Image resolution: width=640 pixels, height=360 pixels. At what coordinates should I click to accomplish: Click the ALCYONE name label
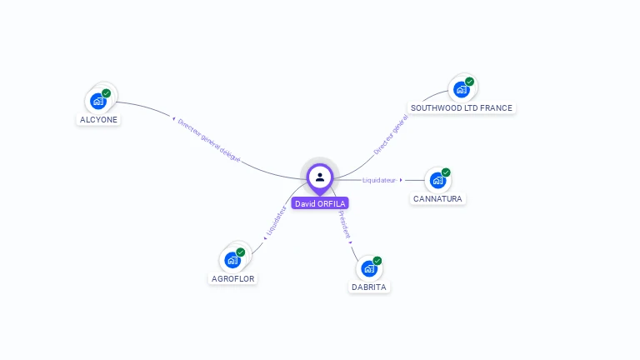99,119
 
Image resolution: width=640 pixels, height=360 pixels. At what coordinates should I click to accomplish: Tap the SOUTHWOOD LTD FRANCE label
462,107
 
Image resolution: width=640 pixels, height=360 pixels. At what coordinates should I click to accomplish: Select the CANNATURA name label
437,198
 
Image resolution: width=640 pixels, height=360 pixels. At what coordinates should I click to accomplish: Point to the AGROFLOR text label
233,278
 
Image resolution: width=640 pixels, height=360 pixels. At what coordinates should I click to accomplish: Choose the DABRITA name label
369,287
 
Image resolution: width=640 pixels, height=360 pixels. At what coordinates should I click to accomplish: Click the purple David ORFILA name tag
320,203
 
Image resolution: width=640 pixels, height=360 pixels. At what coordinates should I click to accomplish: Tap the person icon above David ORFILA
320,177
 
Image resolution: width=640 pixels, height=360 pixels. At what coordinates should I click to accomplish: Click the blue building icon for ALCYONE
98,101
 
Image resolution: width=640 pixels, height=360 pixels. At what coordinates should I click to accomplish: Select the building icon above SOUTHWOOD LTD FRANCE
461,89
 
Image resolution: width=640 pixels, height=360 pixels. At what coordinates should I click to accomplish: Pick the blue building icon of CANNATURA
437,180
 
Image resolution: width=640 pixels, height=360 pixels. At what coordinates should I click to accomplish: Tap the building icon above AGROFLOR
232,260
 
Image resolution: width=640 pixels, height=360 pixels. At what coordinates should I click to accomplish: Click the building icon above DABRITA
369,268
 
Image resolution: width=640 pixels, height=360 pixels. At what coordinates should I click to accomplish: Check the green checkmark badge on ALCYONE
107,93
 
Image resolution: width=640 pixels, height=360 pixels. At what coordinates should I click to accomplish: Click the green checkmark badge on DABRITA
377,261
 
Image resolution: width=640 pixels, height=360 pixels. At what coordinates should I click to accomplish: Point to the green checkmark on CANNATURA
446,172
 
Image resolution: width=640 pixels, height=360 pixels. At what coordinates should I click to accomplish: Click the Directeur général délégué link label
209,140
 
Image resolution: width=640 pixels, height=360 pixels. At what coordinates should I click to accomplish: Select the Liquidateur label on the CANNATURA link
379,180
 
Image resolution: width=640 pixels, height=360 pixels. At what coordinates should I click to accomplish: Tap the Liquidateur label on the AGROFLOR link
276,221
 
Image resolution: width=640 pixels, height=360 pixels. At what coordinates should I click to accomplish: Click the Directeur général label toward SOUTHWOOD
390,136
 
